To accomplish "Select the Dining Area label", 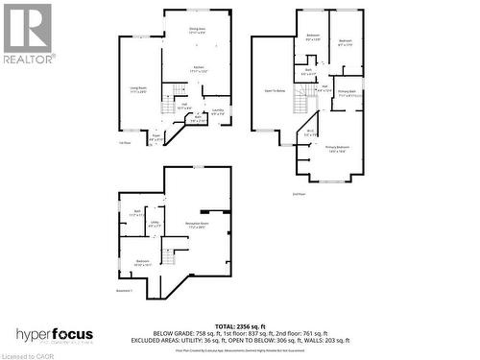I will [197, 31].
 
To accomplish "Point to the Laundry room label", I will [218, 112].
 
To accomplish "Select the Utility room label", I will [154, 227].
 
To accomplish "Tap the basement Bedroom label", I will [142, 262].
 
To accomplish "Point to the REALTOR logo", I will [27, 35].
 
